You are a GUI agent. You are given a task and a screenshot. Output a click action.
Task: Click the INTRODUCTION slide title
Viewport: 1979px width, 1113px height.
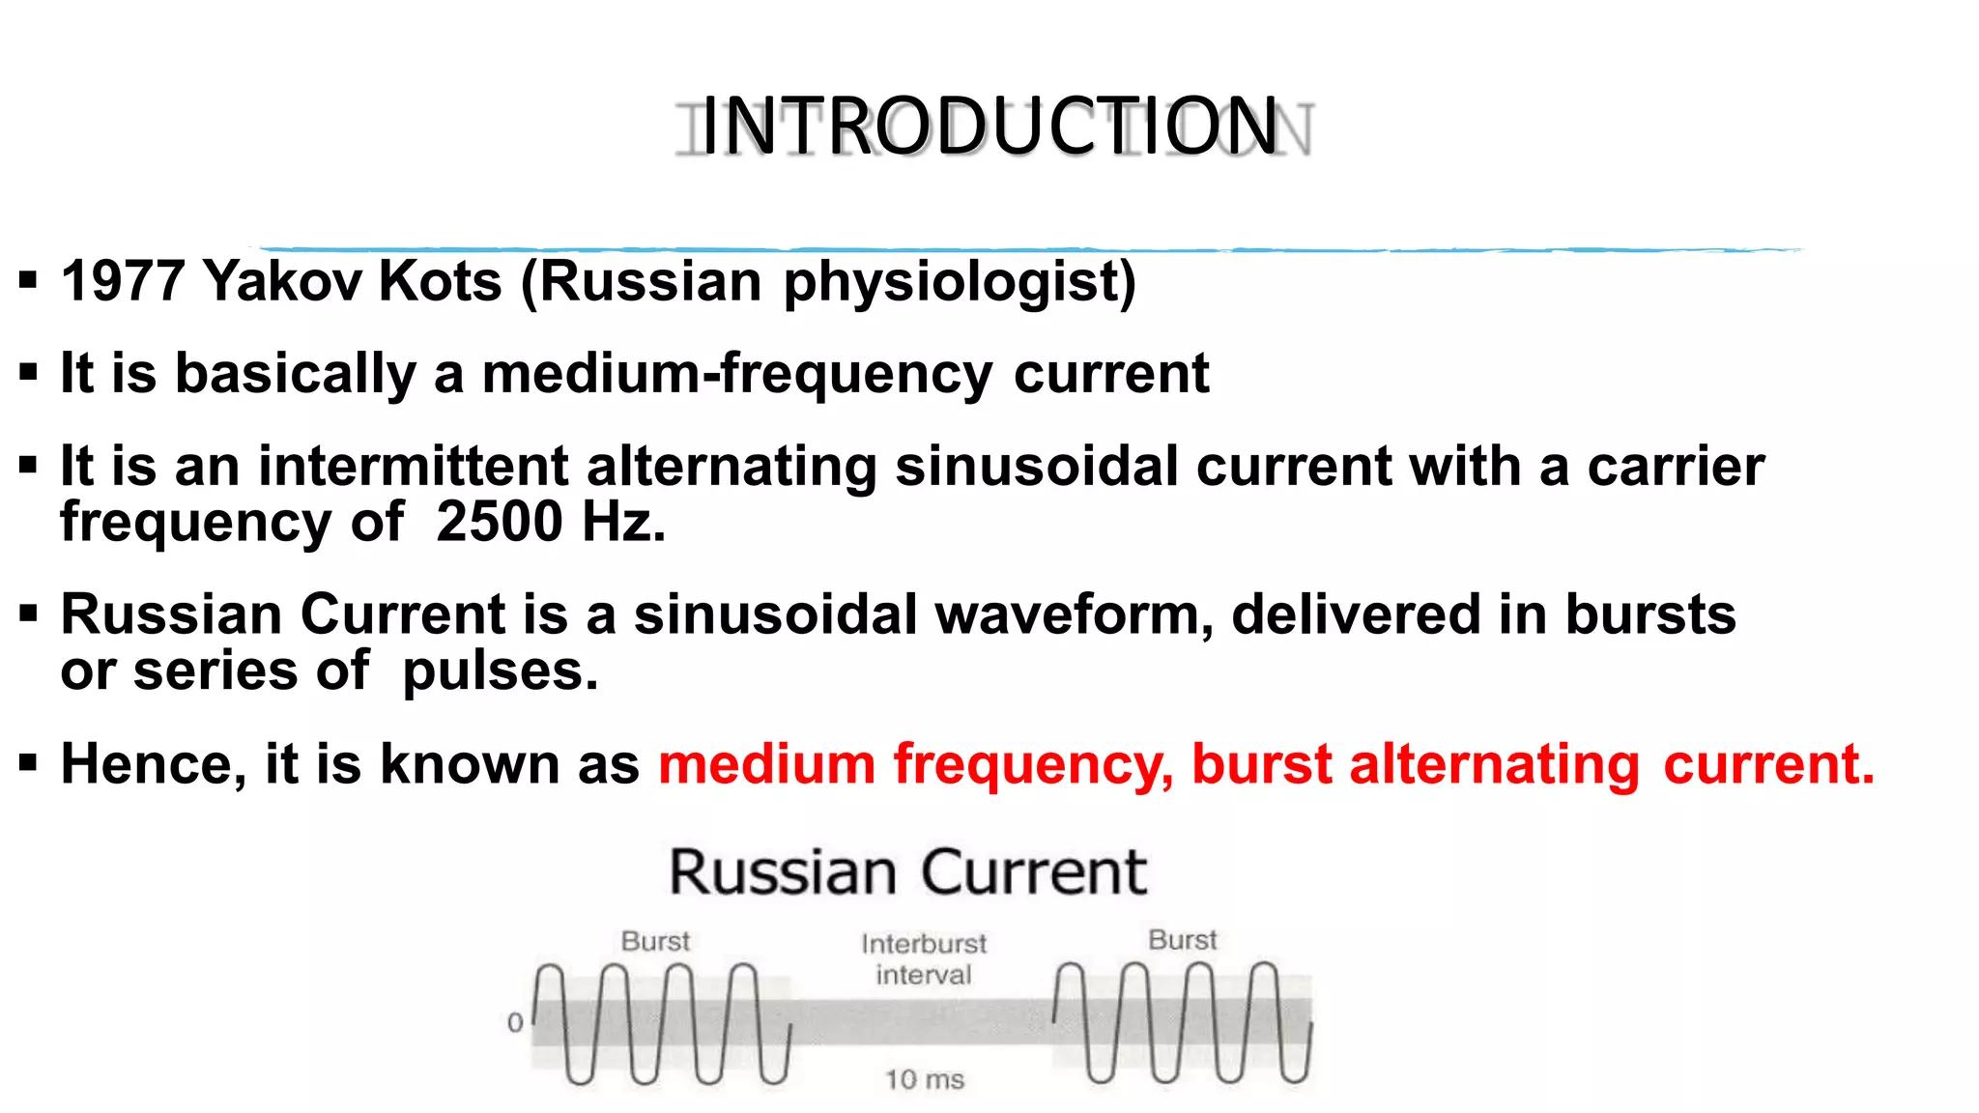coord(990,127)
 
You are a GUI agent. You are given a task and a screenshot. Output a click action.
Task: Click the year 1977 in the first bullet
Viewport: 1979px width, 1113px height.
coord(123,281)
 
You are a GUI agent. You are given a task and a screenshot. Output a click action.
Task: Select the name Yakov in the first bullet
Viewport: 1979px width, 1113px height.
coord(282,281)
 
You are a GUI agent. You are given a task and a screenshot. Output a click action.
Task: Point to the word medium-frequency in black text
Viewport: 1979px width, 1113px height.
coord(736,374)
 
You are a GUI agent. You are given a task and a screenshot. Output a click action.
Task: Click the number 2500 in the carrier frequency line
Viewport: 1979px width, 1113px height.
coord(499,522)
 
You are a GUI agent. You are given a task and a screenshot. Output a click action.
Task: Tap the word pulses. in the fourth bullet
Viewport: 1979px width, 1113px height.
coord(501,671)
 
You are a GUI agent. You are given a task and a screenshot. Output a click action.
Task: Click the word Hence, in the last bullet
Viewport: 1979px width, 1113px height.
coord(154,764)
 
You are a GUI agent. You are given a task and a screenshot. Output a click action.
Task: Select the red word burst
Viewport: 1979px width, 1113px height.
coord(1261,764)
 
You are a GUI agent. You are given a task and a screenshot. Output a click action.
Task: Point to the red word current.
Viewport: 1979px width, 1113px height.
coord(1768,764)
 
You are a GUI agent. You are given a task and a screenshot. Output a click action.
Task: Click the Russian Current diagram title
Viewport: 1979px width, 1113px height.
coord(907,872)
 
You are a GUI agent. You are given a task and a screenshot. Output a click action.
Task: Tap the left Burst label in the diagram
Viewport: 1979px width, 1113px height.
coord(655,941)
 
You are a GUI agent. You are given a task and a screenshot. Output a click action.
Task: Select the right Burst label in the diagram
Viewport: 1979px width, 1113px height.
coord(1182,940)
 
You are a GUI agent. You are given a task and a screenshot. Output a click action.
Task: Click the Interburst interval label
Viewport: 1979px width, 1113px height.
coord(924,958)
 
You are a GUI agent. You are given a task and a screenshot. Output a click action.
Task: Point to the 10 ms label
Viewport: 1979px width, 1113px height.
coord(925,1079)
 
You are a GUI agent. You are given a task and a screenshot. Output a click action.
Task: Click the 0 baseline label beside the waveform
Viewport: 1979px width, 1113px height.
coord(515,1022)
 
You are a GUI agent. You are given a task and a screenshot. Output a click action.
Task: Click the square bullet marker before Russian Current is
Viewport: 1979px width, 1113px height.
coord(28,614)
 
